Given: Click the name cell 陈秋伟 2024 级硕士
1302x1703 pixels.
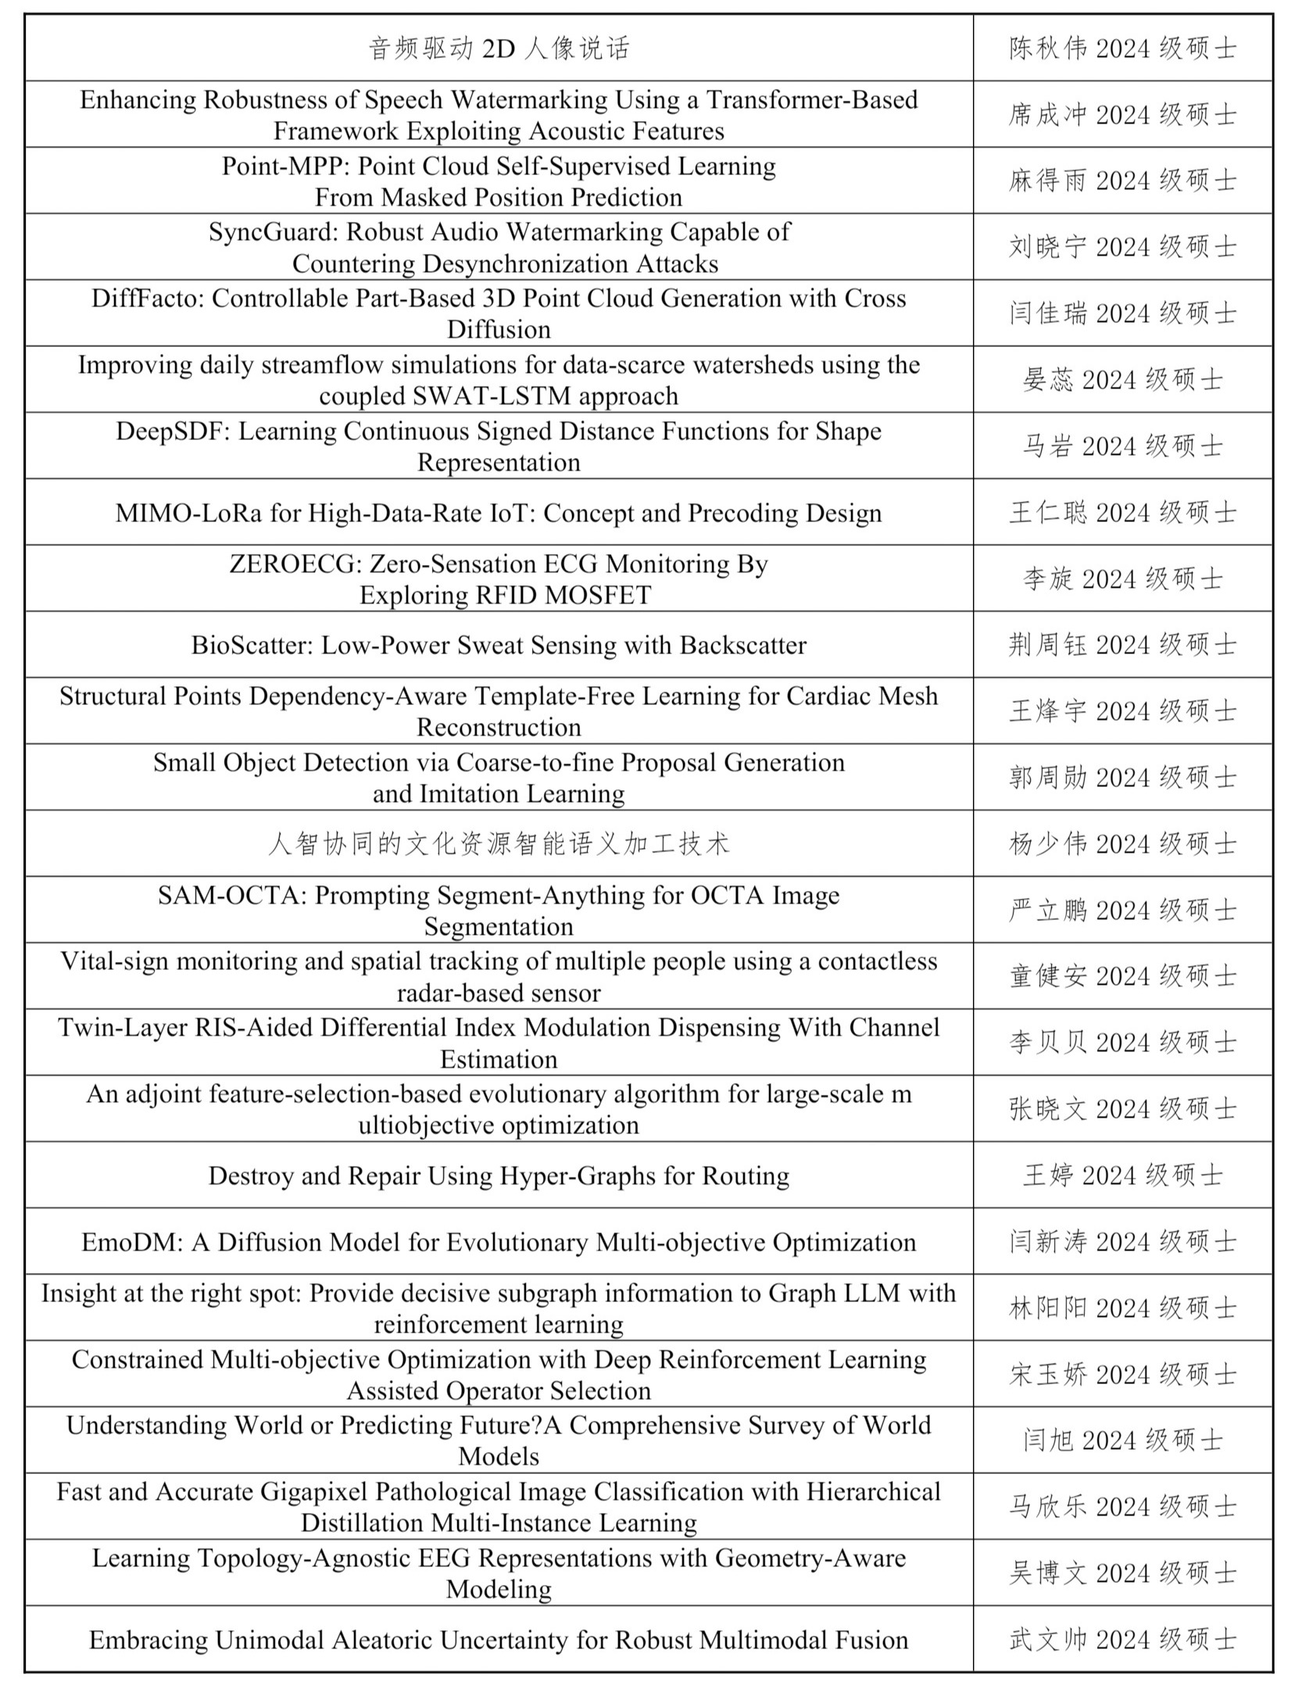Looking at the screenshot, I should (x=1122, y=48).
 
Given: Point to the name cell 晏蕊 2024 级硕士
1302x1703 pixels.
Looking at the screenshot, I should (x=1122, y=381).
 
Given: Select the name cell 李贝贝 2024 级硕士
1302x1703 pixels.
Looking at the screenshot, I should (x=1122, y=1043).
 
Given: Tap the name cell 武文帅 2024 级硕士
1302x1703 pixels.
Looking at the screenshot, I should (x=1122, y=1640).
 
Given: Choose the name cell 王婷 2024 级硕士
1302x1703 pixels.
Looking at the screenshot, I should (x=1122, y=1175).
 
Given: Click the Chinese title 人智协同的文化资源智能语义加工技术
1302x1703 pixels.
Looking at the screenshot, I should (x=499, y=844).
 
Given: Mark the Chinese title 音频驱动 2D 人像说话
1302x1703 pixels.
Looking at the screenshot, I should (x=499, y=48).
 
